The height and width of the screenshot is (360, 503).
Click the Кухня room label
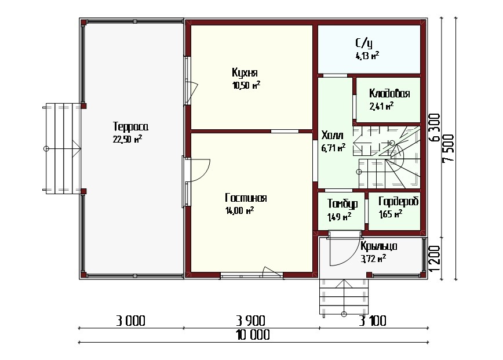coord(245,73)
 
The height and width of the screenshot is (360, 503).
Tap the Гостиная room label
coord(246,198)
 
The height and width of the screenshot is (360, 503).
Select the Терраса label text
coord(130,127)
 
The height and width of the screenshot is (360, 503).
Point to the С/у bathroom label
coord(364,43)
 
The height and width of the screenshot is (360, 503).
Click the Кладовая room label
coord(389,93)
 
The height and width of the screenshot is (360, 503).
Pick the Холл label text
coord(332,135)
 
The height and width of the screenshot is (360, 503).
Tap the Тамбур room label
coord(342,203)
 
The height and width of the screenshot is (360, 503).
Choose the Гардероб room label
coord(399,202)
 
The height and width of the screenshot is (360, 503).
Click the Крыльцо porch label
coord(379,246)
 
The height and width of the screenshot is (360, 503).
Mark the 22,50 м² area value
coord(127,139)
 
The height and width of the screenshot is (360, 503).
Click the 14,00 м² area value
coord(240,210)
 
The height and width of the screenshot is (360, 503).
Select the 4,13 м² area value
coord(367,56)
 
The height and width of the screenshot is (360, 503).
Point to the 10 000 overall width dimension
coord(253,335)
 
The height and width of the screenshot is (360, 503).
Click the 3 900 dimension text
coord(250,321)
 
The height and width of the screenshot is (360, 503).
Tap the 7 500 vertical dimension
coord(449,148)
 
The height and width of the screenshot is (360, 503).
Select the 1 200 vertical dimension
coord(435,259)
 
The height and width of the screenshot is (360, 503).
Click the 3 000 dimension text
coord(130,321)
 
